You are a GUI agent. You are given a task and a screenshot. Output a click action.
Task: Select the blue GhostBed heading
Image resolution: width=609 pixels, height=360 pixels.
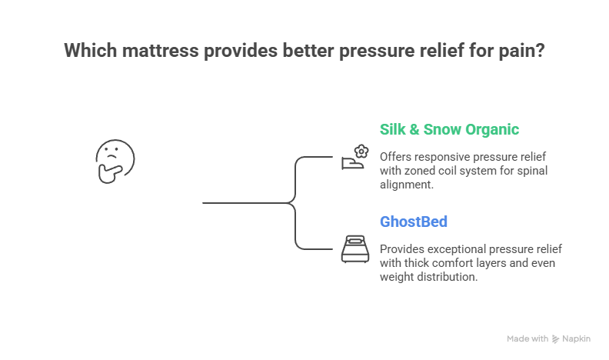click(414, 222)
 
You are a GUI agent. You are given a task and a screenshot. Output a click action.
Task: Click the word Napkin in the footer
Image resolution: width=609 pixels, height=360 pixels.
click(576, 339)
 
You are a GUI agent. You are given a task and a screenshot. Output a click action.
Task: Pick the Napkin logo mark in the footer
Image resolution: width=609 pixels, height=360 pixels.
click(556, 339)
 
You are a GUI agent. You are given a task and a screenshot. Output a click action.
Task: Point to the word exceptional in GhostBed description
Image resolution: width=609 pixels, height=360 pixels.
click(457, 249)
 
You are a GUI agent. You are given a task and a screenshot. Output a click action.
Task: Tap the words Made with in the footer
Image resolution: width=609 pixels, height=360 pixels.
click(527, 339)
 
